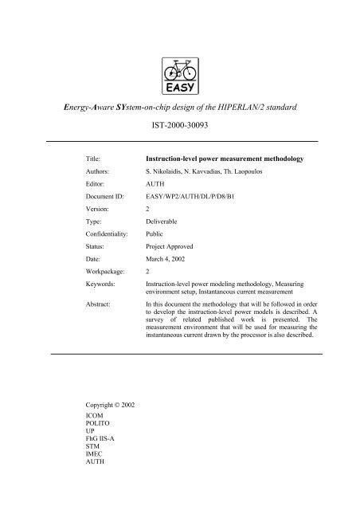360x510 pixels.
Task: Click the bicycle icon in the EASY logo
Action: point(179,70)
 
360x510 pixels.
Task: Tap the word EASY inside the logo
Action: point(179,88)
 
